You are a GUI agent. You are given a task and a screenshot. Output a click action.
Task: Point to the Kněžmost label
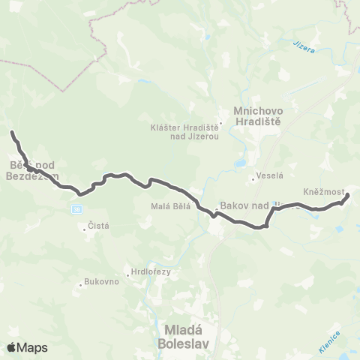tap(324, 191)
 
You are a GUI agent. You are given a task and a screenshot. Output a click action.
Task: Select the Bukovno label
tap(100, 283)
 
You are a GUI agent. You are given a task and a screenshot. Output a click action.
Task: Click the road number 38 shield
tap(76, 207)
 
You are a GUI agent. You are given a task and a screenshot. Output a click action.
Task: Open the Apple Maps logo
tap(27, 347)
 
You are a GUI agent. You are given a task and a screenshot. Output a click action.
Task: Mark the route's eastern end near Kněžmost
tap(348, 196)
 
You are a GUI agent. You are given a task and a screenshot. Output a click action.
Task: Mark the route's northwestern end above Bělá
tap(12, 133)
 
